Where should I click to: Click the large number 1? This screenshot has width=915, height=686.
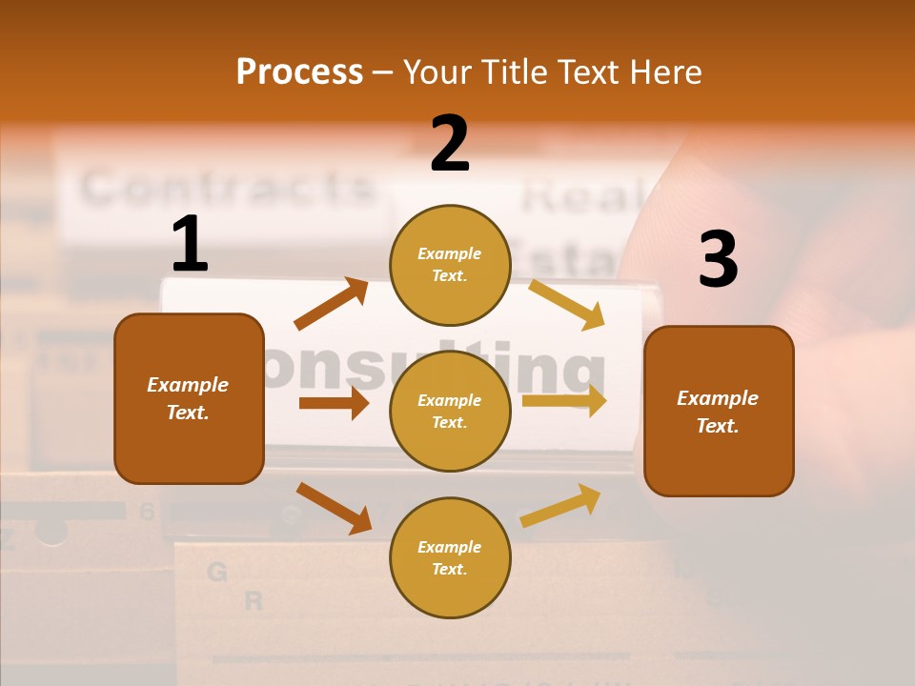tap(190, 245)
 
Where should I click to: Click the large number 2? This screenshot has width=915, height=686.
tap(450, 144)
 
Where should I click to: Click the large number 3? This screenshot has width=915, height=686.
tap(718, 260)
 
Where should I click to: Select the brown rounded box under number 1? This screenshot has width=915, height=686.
tap(189, 398)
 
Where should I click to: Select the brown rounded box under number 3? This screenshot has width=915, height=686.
tap(719, 412)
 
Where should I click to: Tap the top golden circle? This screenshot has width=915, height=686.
tap(450, 265)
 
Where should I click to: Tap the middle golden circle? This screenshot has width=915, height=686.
tap(450, 411)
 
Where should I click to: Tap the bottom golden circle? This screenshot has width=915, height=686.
tap(450, 557)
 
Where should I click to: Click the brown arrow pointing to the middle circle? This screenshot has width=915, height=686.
tap(334, 403)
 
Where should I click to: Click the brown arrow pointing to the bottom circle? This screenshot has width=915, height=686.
tap(334, 508)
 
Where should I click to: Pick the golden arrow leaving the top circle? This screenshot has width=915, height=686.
tap(567, 305)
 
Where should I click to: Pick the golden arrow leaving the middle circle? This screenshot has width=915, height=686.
tap(564, 401)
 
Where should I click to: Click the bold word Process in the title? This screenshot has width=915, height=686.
tap(299, 71)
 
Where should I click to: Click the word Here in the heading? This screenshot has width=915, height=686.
tap(664, 72)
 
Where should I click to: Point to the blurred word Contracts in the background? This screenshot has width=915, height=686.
tap(227, 187)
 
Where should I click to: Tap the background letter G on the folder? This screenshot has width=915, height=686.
tap(217, 572)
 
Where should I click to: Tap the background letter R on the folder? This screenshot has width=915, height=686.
tap(254, 601)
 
